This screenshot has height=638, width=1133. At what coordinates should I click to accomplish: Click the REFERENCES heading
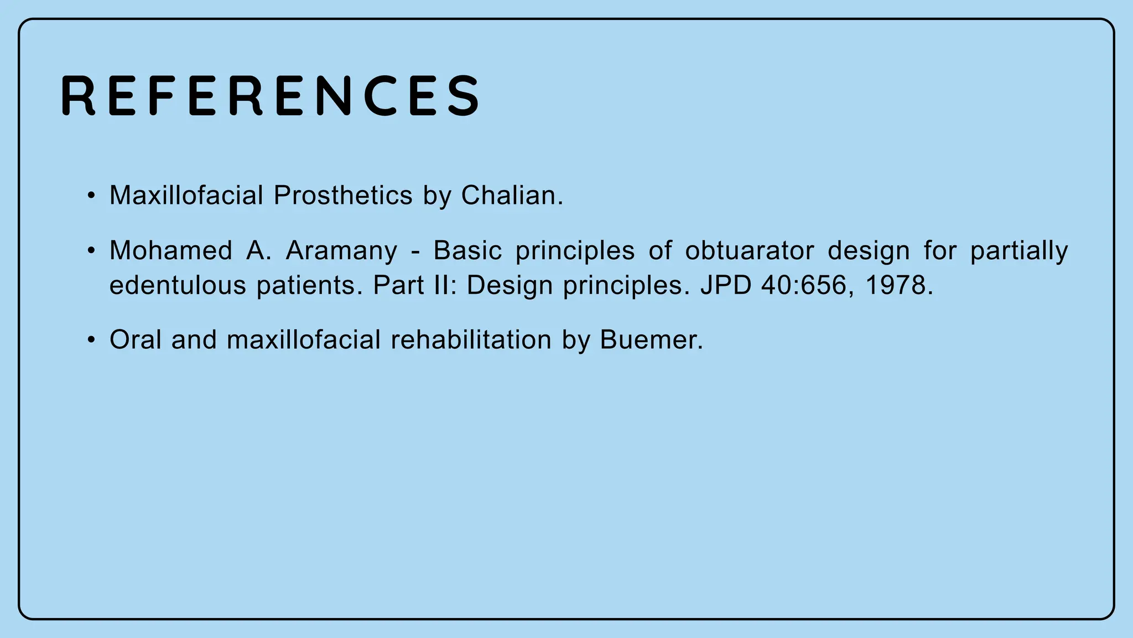click(270, 96)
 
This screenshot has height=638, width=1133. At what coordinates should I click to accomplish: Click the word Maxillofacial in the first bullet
click(186, 195)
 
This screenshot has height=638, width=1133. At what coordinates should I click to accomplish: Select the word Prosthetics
click(343, 195)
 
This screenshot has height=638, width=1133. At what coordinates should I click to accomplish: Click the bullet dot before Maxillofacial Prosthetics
click(91, 195)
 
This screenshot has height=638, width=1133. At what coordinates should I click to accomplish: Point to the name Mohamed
click(170, 251)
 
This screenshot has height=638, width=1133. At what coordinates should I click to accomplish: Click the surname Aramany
click(341, 251)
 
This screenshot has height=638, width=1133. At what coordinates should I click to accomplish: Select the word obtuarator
click(749, 251)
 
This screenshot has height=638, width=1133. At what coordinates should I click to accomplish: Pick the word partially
click(1019, 251)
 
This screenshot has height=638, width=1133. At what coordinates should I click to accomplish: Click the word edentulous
click(177, 286)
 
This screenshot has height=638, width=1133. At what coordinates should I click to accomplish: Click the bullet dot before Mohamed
click(91, 251)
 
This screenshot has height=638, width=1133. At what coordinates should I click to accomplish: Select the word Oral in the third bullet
click(135, 340)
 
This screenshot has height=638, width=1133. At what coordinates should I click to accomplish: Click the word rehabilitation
click(471, 340)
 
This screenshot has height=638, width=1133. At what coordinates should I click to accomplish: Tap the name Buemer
click(651, 340)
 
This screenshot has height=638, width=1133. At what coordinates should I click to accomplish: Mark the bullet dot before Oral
click(91, 340)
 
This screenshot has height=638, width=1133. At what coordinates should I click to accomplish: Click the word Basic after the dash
click(467, 251)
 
